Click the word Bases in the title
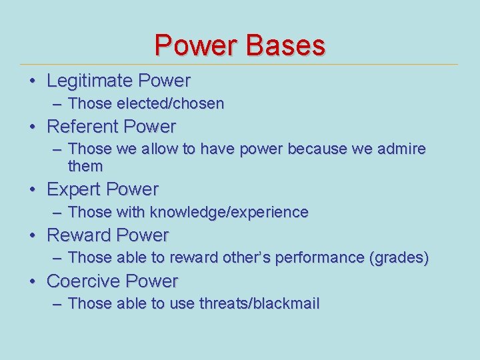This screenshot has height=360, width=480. pyautogui.click(x=285, y=45)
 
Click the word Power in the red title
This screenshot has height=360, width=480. pyautogui.click(x=196, y=45)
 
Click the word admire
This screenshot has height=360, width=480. pyautogui.click(x=401, y=149)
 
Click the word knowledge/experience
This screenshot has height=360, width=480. pyautogui.click(x=229, y=213)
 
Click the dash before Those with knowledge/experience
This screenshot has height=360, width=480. pyautogui.click(x=57, y=213)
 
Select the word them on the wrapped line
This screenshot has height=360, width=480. pyautogui.click(x=85, y=166)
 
